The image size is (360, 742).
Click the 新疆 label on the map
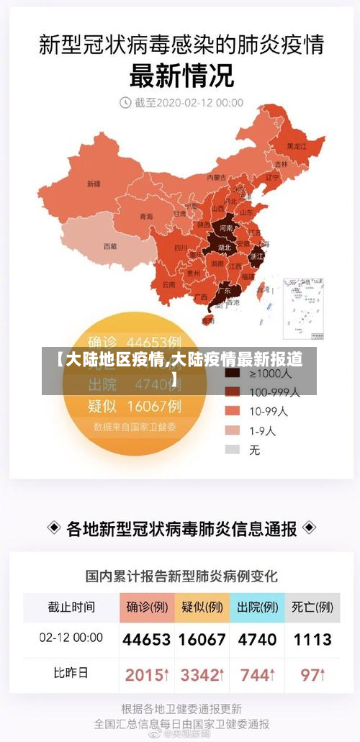click(x=94, y=184)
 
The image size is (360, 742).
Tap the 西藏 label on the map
click(x=109, y=246)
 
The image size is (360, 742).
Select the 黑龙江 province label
click(x=297, y=146)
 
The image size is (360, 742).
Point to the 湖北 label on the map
click(x=224, y=247)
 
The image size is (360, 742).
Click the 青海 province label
click(x=146, y=216)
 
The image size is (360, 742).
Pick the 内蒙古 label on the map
click(x=216, y=177)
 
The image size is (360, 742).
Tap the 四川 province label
click(x=181, y=248)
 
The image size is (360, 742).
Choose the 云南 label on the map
click(x=168, y=284)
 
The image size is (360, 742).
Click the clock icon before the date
click(x=125, y=102)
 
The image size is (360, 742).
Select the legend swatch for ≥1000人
click(x=232, y=374)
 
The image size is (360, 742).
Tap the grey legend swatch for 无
click(x=232, y=449)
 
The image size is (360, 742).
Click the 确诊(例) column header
click(x=147, y=607)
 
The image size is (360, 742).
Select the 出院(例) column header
click(x=257, y=607)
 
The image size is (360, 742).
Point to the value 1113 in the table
click(x=312, y=639)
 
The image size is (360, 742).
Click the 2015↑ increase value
click(x=147, y=675)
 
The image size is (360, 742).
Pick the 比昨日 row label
click(x=71, y=674)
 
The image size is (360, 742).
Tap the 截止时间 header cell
click(x=71, y=607)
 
